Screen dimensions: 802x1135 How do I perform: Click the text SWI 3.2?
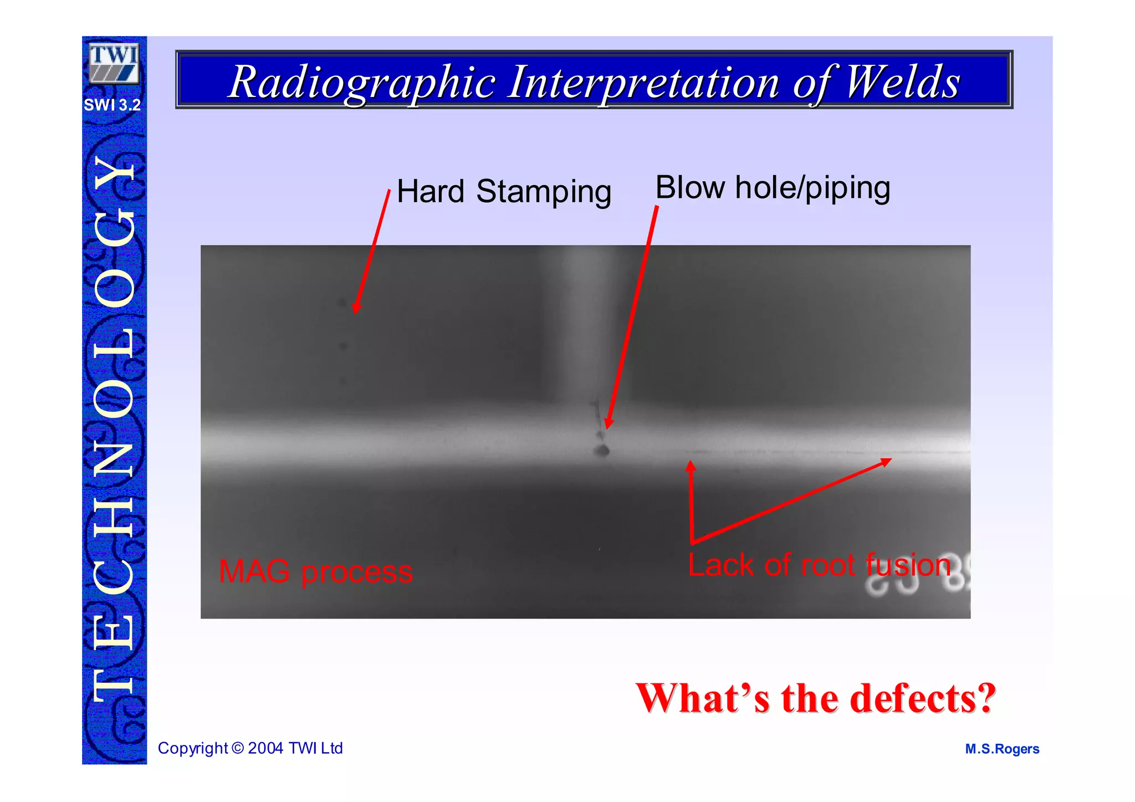click(112, 105)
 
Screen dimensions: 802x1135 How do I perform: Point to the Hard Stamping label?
click(504, 191)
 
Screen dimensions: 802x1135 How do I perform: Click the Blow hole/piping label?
click(773, 187)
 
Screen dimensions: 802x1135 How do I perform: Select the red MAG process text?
click(315, 571)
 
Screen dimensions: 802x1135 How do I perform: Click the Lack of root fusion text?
click(819, 565)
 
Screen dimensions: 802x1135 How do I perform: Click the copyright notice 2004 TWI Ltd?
click(250, 748)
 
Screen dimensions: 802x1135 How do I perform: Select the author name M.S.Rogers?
click(1001, 749)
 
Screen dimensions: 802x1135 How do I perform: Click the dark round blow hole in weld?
click(602, 451)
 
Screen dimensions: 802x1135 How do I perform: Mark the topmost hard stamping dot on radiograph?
click(342, 303)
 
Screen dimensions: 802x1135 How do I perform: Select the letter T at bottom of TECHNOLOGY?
click(114, 684)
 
